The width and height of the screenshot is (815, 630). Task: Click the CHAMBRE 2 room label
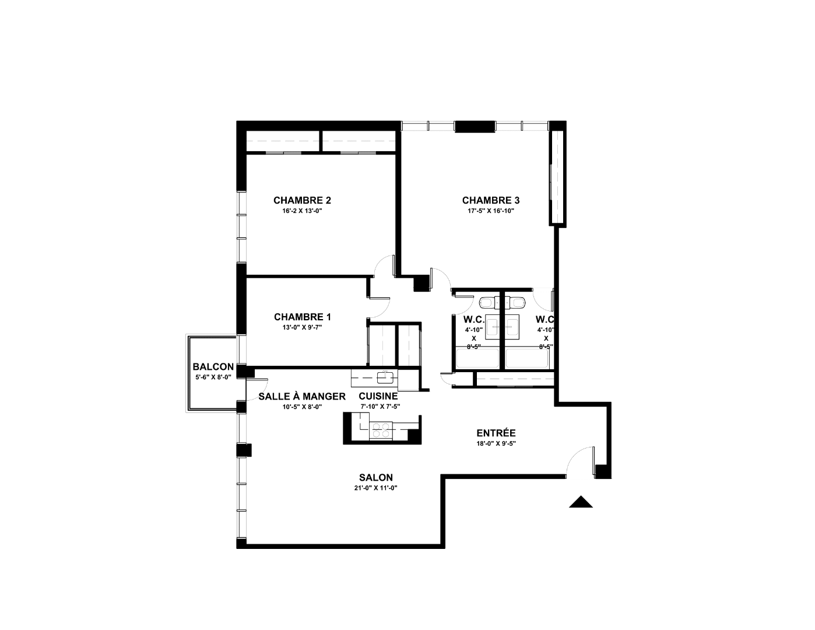click(302, 200)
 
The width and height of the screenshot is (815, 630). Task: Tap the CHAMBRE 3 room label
click(491, 200)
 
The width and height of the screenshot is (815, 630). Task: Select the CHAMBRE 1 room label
click(303, 317)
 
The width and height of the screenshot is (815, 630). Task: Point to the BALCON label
click(213, 366)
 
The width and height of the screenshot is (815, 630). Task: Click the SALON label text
click(376, 477)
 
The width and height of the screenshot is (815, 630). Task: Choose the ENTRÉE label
click(496, 433)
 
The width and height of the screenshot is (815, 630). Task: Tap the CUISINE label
click(378, 396)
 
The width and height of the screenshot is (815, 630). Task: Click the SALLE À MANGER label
click(302, 396)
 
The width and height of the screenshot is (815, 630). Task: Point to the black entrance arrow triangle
click(581, 502)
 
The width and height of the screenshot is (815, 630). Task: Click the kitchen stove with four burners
click(381, 430)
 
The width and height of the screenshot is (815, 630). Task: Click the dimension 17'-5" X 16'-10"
click(491, 211)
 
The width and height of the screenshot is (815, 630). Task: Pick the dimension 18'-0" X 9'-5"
click(496, 443)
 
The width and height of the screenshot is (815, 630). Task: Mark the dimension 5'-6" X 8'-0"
click(213, 377)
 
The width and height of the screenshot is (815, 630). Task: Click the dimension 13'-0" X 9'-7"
click(303, 327)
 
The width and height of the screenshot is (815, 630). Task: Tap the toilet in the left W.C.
click(487, 302)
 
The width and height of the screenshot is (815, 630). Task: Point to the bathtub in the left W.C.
click(477, 358)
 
